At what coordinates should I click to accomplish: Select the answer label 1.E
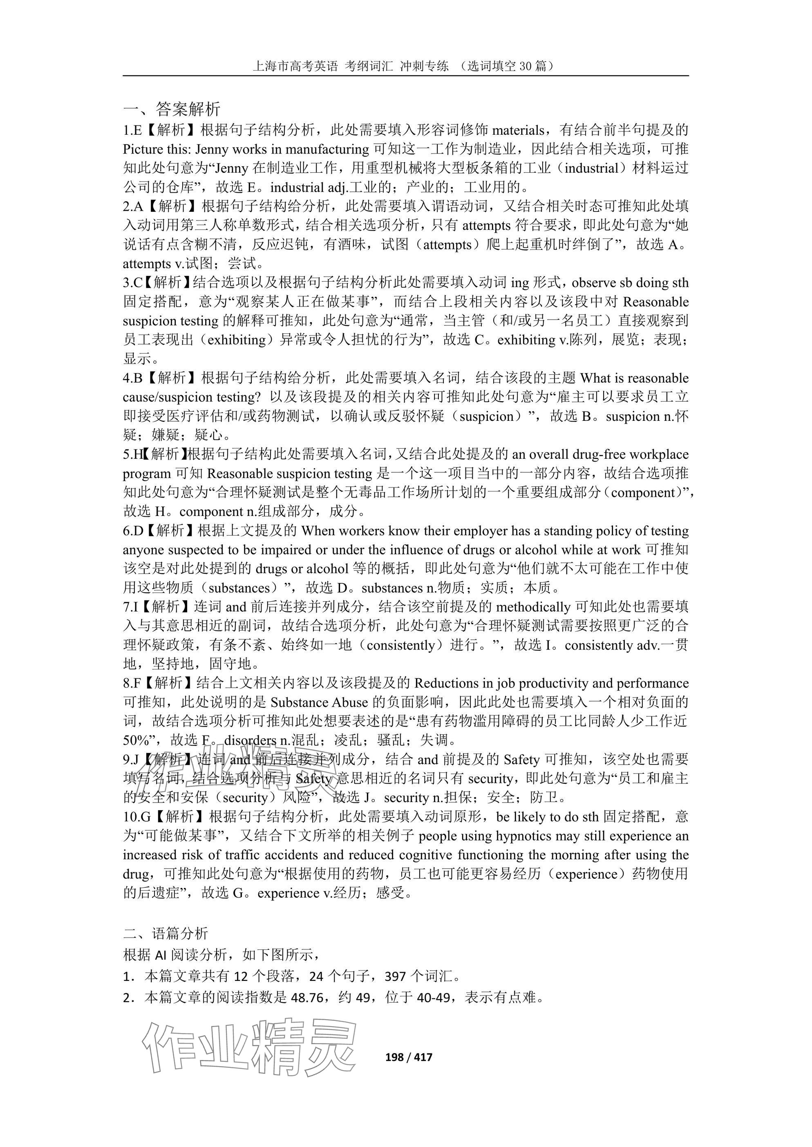132,130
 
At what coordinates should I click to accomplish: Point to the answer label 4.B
133,378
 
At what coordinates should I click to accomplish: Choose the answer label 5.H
132,455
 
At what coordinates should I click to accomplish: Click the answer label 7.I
130,607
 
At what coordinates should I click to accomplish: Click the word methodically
532,607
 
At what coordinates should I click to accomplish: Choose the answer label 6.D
133,531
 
